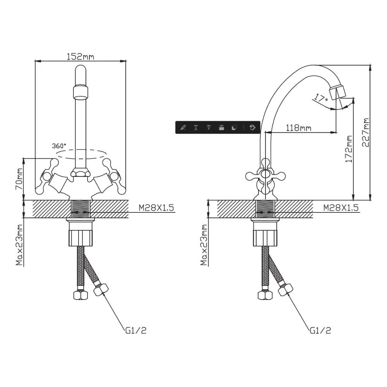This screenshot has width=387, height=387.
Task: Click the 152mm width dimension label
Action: [80, 57]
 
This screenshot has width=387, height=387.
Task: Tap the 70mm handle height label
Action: [19, 179]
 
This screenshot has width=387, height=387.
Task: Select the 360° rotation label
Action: [59, 146]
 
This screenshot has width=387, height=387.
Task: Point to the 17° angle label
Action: [320, 98]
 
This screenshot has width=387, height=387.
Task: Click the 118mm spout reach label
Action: [298, 128]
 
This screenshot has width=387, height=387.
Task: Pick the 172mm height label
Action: [349, 149]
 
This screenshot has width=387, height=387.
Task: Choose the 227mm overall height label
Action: [366, 132]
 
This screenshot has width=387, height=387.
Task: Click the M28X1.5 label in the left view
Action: [156, 208]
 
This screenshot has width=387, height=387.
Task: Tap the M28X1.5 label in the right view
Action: [341, 208]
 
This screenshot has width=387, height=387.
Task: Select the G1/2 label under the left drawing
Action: [136, 330]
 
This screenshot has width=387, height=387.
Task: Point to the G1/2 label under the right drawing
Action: [320, 330]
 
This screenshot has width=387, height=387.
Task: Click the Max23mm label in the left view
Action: [19, 245]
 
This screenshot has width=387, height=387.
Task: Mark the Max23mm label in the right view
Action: [204, 245]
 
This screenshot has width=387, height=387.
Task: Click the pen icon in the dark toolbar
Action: [183, 128]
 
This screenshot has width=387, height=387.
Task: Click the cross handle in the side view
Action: [265, 176]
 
